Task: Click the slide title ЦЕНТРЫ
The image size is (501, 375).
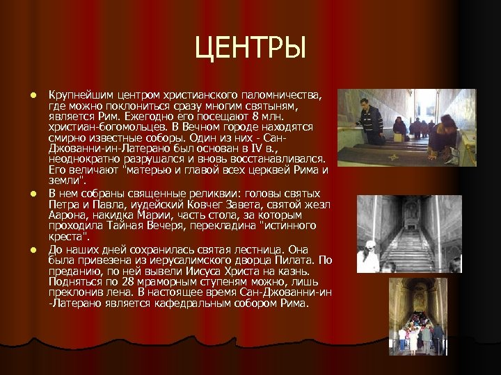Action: click(250, 49)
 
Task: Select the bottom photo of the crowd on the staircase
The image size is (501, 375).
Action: click(417, 317)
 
